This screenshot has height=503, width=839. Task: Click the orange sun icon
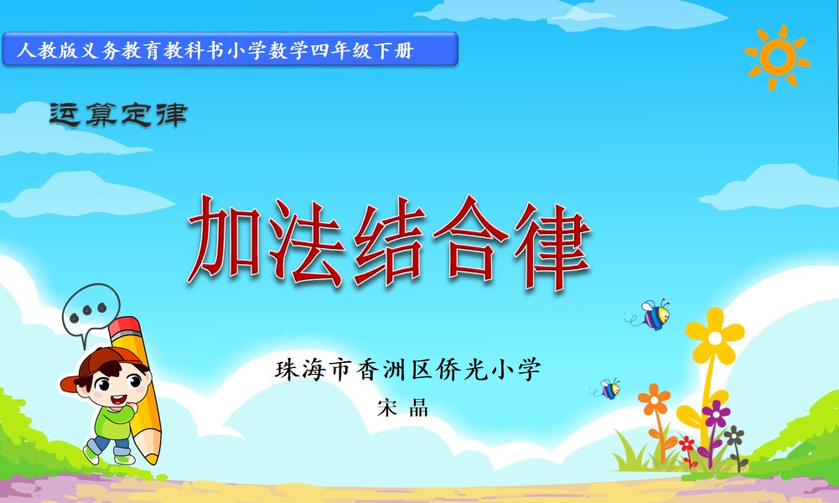(778, 57)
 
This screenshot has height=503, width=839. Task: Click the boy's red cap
(99, 364)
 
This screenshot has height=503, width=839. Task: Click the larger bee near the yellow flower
(654, 314)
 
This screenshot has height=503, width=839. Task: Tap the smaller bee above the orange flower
(609, 388)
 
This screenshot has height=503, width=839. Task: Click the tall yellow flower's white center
(715, 338)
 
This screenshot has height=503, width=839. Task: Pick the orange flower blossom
(654, 400)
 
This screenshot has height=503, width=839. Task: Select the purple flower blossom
(716, 413)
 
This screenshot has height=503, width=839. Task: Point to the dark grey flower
(734, 436)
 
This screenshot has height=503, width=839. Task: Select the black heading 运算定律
(118, 115)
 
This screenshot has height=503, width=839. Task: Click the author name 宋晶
(403, 407)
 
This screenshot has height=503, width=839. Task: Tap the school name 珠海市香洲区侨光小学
(407, 369)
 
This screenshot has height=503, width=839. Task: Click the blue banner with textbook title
(230, 49)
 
